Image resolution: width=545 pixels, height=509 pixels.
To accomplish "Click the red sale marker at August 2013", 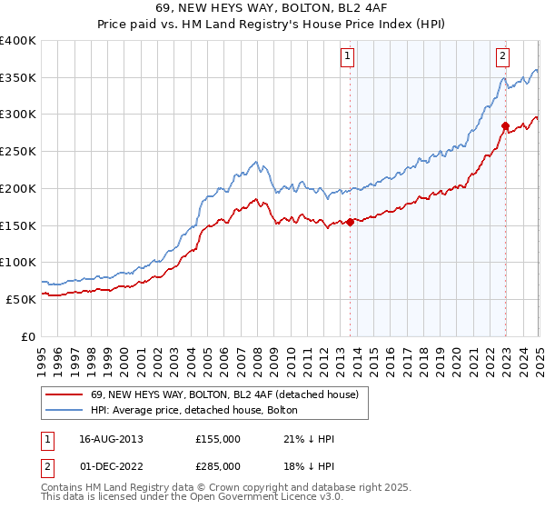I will [x=350, y=221].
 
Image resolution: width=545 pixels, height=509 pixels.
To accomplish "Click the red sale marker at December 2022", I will [x=505, y=125].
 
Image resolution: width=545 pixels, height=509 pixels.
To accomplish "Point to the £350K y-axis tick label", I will [x=18, y=78].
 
